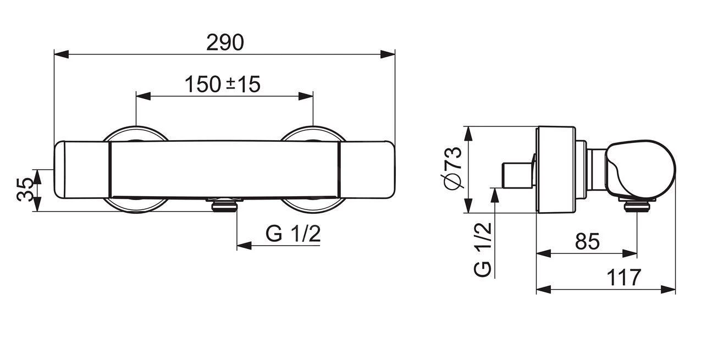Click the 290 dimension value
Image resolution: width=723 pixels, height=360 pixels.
225,42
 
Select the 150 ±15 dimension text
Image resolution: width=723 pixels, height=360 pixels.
222,85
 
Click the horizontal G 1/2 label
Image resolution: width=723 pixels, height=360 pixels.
293,234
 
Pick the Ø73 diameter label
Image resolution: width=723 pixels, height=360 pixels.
452,169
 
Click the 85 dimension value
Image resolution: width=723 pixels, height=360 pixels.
587,242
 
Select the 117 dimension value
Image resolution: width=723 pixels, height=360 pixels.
624,278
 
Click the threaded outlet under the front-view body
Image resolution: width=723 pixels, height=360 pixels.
224,205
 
